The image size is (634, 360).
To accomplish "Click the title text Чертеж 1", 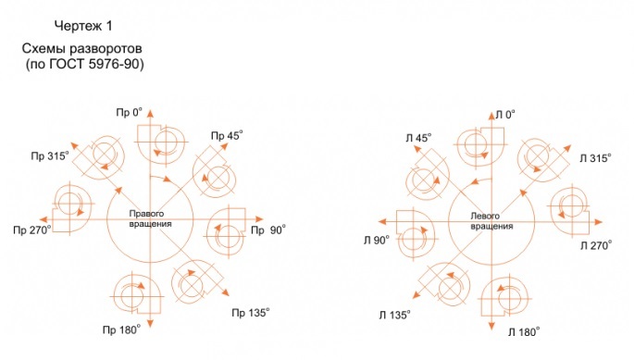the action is tap(83, 26).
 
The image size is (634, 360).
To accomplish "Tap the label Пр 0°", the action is tap(130, 112).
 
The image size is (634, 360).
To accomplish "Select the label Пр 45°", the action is tap(227, 135).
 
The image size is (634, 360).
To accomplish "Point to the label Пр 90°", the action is tap(268, 230).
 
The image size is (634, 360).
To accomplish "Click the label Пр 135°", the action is tap(251, 313).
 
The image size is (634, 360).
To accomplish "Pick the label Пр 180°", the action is tap(121, 330).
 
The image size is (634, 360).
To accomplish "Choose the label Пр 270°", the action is tap(32, 230).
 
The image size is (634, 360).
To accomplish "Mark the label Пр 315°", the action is tap(50, 155).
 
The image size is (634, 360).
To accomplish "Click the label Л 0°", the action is tap(505, 115).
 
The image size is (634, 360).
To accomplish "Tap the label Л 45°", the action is tap(418, 138).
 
